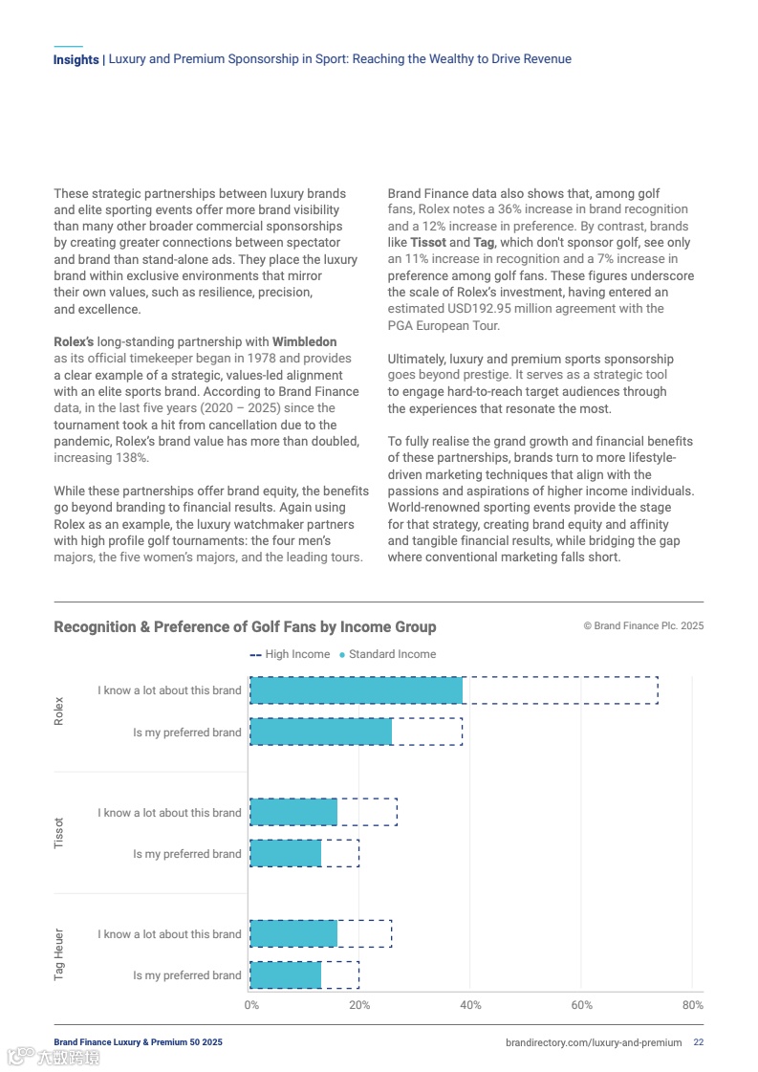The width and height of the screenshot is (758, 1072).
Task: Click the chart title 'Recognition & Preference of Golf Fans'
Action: click(x=245, y=627)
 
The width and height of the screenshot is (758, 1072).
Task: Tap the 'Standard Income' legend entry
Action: click(x=391, y=654)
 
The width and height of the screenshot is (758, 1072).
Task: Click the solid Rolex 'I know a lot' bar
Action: click(x=356, y=690)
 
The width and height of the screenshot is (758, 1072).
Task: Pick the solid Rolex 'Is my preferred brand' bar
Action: click(x=320, y=732)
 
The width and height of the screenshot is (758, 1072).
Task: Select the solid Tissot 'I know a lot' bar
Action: click(x=293, y=812)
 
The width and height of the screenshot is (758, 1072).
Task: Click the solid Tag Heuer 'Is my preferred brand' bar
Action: click(x=285, y=975)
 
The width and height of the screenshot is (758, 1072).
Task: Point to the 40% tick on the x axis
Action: click(x=470, y=1005)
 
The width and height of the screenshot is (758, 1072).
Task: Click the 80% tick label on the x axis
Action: click(x=692, y=1005)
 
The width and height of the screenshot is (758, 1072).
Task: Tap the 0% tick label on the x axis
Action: click(x=251, y=1005)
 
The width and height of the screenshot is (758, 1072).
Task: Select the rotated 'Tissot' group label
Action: click(x=59, y=833)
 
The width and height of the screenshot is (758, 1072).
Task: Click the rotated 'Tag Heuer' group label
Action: click(x=59, y=954)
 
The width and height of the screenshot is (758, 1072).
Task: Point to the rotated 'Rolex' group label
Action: click(x=59, y=711)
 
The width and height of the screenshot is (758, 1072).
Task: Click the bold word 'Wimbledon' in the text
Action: click(x=304, y=341)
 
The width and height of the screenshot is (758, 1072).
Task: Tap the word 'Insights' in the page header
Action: click(x=76, y=59)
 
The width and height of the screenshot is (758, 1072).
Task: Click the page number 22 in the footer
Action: click(x=699, y=1042)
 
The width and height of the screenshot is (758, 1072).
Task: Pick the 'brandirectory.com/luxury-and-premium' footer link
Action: click(x=594, y=1042)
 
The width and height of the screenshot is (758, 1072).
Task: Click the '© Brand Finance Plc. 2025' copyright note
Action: click(x=643, y=626)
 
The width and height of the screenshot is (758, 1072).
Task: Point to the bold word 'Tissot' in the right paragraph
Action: click(x=427, y=243)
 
